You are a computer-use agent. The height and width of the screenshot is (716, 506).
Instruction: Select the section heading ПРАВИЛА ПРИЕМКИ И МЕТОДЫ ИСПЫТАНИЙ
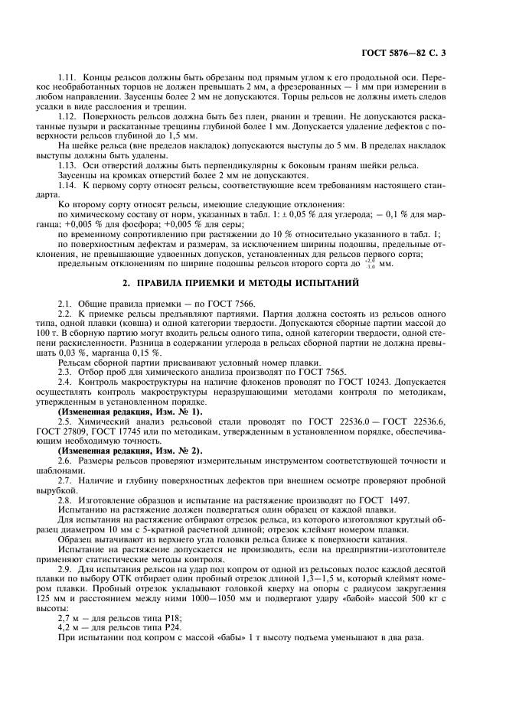pyautogui.click(x=253, y=283)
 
